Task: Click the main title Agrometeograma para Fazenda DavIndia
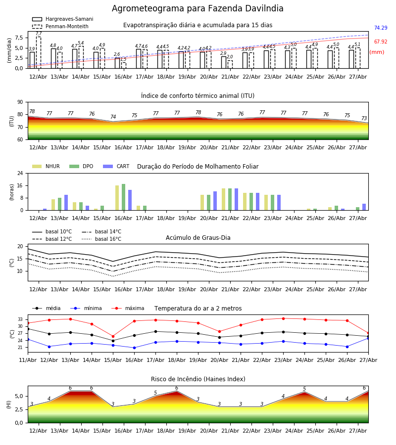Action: click(198, 8)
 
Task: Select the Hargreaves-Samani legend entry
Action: click(63, 19)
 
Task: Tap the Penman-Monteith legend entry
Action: click(60, 26)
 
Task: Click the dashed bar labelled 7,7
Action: click(39, 52)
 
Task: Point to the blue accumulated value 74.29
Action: click(381, 28)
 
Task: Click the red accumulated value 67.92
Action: click(381, 42)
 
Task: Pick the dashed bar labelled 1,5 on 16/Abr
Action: click(124, 65)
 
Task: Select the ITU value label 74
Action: click(113, 117)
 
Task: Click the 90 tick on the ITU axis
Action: click(20, 102)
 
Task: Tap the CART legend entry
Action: click(116, 166)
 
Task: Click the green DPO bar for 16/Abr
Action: click(124, 197)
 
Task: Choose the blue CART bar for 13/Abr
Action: click(66, 203)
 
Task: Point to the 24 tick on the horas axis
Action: click(20, 173)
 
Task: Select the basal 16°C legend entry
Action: click(101, 239)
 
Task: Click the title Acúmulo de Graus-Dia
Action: click(198, 238)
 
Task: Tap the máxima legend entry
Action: click(128, 308)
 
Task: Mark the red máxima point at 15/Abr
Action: click(113, 336)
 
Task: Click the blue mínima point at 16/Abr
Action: click(134, 348)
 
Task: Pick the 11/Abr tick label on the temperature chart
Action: click(28, 360)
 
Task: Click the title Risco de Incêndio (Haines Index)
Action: click(198, 379)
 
